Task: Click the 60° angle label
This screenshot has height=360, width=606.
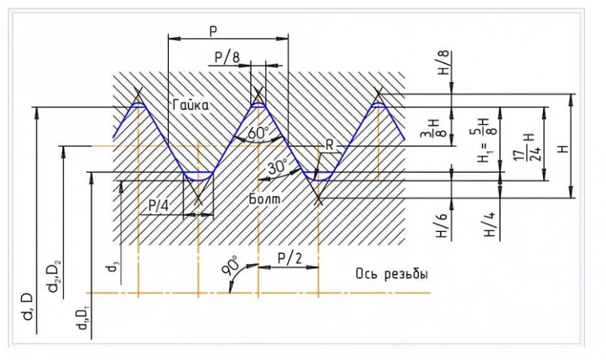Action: tap(258, 134)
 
